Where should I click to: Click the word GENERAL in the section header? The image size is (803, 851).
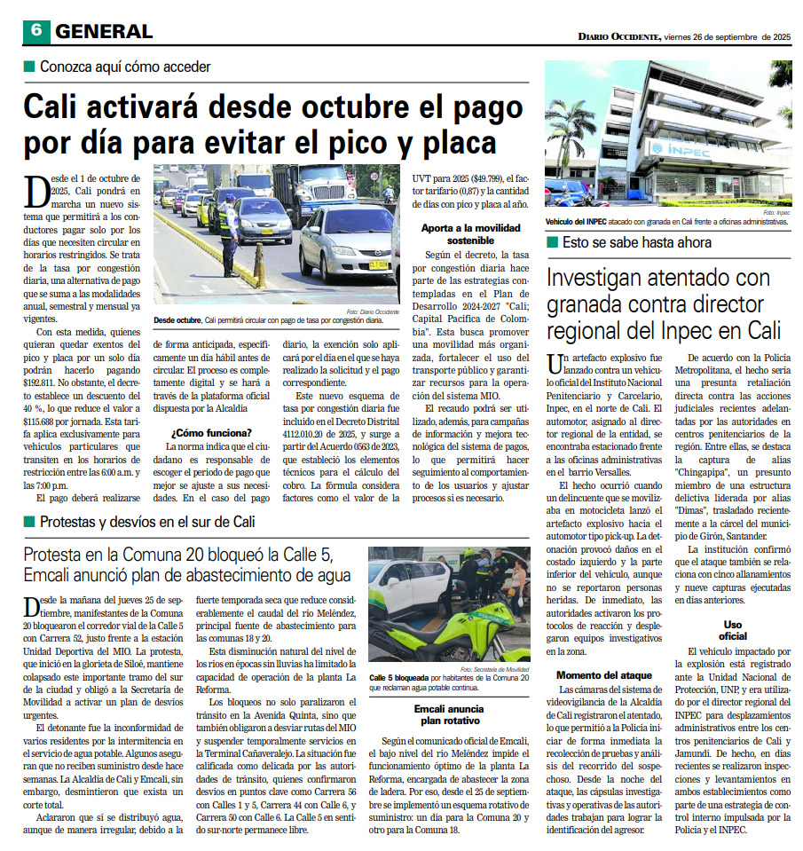[x=104, y=31]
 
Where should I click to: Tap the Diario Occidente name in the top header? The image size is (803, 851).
[x=618, y=36]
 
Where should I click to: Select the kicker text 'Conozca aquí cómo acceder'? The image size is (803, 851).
[x=125, y=67]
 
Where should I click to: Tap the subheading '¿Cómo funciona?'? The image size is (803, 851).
[x=210, y=433]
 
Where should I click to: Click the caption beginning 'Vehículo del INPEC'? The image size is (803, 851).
[x=665, y=223]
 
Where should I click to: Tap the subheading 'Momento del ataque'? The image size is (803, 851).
[x=606, y=675]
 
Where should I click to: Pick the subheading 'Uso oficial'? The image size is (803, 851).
[x=732, y=630]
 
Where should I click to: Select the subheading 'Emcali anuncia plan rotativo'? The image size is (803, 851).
[x=448, y=715]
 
